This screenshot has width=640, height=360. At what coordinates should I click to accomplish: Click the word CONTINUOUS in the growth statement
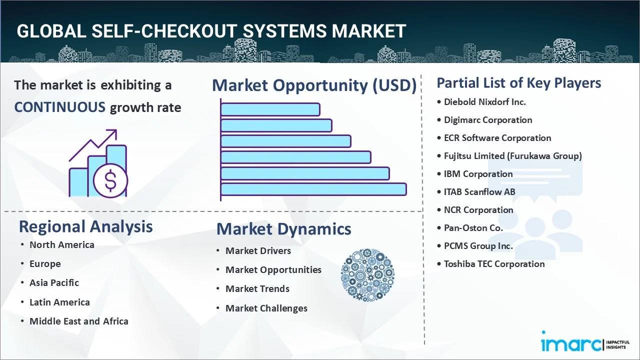point(59,107)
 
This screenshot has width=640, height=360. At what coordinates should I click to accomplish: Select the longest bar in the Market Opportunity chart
point(313,189)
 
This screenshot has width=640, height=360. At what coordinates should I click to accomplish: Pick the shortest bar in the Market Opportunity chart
point(270,109)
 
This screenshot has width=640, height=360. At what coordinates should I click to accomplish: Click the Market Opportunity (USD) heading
point(314,85)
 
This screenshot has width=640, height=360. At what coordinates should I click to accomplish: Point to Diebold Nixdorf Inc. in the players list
point(484,102)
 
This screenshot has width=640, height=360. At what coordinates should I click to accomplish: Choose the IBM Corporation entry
point(478,174)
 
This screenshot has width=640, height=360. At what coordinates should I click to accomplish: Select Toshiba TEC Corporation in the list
point(494,264)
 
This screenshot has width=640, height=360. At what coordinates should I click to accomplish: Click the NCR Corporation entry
point(478,210)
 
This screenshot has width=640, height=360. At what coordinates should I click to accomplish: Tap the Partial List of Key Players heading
point(519,82)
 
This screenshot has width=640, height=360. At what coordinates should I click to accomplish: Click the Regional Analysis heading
point(85,226)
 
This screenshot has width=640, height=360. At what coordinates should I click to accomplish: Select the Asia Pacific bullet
point(54,282)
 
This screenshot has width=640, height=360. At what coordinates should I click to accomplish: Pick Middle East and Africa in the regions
point(78,321)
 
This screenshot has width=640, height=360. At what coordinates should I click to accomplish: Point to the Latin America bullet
point(59,302)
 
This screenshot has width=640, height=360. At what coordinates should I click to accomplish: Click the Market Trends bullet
point(257,288)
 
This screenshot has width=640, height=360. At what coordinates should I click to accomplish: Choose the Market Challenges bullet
point(266,308)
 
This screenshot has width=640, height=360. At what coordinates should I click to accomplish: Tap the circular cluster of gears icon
point(367,275)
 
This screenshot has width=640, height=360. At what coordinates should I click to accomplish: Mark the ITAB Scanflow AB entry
point(479,192)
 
